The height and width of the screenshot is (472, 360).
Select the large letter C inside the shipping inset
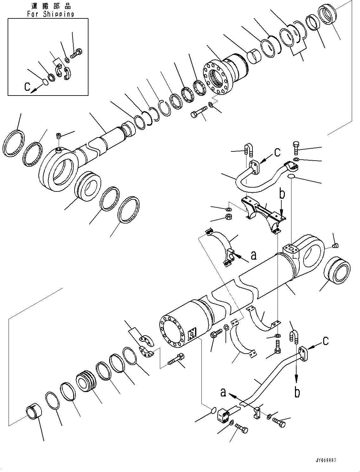pos(28,87)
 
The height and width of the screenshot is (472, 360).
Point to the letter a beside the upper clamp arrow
pos(253,255)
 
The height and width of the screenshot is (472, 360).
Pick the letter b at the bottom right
pos(297,392)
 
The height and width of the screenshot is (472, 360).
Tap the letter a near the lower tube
pos(223,392)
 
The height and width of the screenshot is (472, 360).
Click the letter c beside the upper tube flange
pos(278,152)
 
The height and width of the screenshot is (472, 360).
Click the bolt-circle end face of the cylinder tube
pos(172,328)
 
